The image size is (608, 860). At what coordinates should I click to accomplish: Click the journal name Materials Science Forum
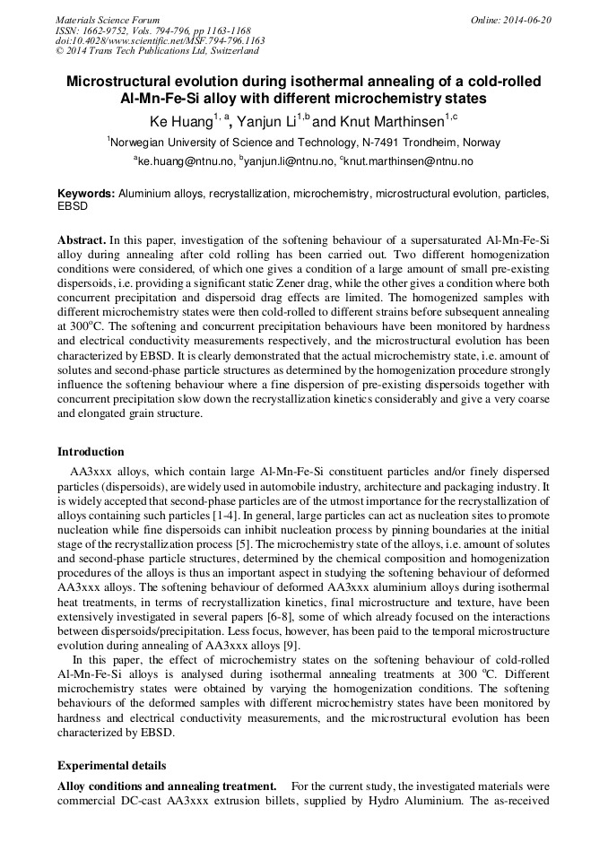pyautogui.click(x=108, y=19)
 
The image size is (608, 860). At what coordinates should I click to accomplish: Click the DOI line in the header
pyautogui.click(x=160, y=40)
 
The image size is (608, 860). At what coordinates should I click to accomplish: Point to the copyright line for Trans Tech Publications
pyautogui.click(x=157, y=51)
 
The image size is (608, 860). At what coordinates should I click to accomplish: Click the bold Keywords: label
pyautogui.click(x=86, y=194)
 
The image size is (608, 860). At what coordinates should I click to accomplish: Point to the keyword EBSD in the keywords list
pyautogui.click(x=73, y=205)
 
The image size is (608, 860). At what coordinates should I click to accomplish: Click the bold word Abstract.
pyautogui.click(x=82, y=241)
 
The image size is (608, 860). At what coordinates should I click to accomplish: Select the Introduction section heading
pyautogui.click(x=91, y=451)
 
